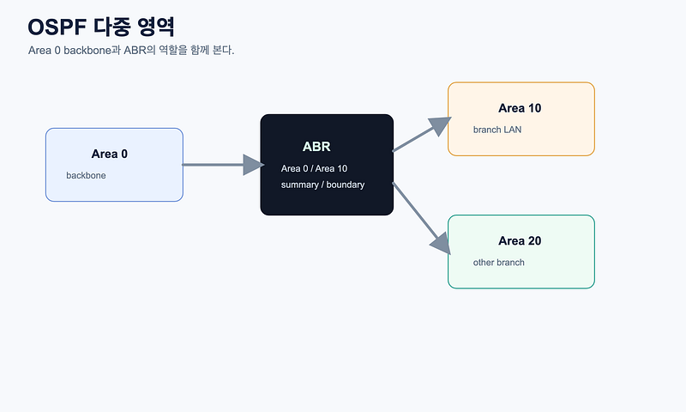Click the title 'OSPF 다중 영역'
coord(101,27)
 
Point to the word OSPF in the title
coord(57,27)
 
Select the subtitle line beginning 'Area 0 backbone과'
coord(131,51)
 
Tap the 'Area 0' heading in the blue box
coord(110,154)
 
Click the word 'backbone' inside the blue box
coord(87,176)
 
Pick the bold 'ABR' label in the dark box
coord(316,146)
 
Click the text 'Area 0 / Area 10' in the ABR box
coord(314,168)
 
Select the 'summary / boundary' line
coord(323,185)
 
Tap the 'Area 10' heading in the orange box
coord(520,108)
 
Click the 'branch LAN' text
coord(497,130)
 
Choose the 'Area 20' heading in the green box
coord(520,241)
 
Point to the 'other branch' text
coord(499,263)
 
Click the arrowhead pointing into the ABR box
coord(254,165)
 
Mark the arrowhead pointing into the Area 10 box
coord(440,124)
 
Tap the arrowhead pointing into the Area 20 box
coord(441,244)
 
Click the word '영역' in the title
coord(156,27)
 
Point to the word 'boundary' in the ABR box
coord(346,185)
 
